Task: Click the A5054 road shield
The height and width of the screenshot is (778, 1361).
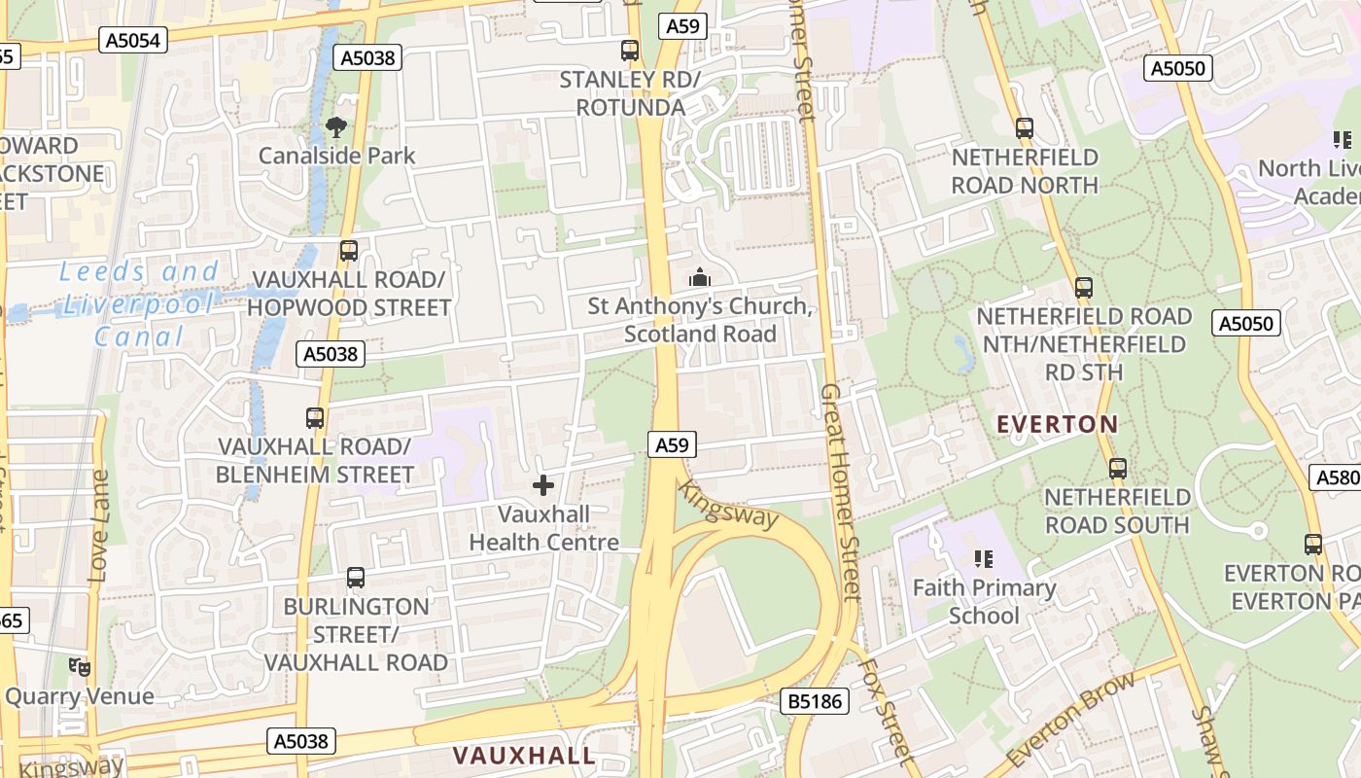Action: [134, 40]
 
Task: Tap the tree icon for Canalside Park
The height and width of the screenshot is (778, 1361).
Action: [336, 126]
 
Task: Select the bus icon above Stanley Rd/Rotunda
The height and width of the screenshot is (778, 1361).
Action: [630, 51]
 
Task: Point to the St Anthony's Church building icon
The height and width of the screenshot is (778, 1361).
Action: [700, 278]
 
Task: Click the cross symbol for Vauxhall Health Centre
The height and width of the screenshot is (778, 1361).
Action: [543, 484]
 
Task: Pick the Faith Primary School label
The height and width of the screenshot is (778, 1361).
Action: [984, 602]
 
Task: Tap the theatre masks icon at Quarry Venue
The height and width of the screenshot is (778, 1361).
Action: [80, 667]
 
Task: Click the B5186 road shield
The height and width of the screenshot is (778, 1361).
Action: [815, 701]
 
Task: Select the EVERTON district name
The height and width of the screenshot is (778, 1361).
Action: [1058, 424]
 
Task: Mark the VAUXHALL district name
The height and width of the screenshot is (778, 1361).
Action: [525, 756]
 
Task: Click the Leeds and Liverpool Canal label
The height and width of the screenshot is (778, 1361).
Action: [138, 304]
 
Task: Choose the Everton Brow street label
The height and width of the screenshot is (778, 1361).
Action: [1071, 718]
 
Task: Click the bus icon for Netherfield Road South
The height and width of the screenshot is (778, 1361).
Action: [1118, 469]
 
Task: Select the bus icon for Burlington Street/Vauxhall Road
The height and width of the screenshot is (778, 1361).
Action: [356, 578]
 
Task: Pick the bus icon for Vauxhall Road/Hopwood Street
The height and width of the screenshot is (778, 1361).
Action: [349, 251]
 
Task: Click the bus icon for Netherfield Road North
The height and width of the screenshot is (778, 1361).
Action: [1025, 128]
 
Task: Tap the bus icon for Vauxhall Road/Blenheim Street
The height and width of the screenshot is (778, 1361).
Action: [315, 418]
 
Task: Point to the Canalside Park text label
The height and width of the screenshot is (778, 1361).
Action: [336, 156]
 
